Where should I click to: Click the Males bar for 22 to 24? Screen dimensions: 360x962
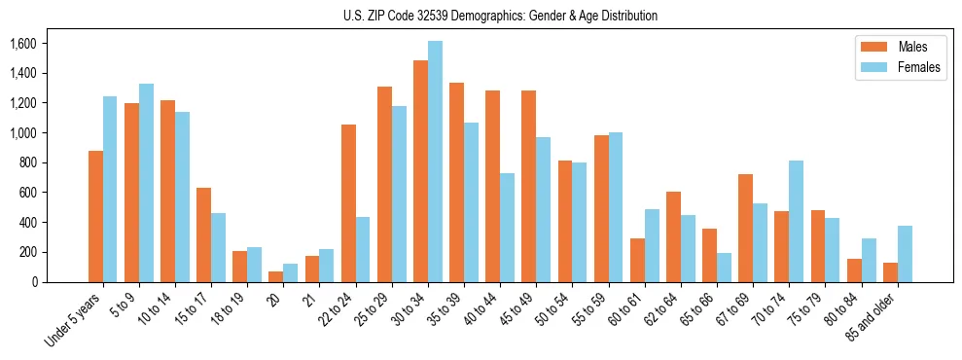348,203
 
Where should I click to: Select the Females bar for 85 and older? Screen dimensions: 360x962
905,254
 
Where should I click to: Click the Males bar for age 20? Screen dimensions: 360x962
276,276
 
